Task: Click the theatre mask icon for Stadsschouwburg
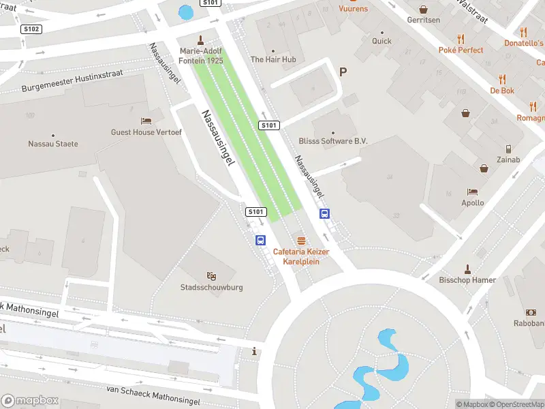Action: point(213,276)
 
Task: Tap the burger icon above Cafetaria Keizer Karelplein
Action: point(301,241)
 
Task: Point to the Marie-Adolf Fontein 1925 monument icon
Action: point(200,40)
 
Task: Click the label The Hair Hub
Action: point(273,59)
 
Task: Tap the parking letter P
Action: point(343,72)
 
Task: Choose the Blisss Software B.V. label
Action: point(333,141)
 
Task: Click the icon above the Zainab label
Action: point(509,149)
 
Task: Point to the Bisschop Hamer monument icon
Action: point(467,269)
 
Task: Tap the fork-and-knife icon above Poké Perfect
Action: point(461,39)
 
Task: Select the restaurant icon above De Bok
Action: point(502,79)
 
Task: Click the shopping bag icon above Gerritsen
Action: point(424,10)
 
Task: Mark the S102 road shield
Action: point(32,29)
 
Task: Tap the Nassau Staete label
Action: point(53,144)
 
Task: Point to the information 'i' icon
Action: point(255,352)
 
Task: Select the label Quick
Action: point(381,41)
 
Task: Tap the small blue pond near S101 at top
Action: point(185,12)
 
